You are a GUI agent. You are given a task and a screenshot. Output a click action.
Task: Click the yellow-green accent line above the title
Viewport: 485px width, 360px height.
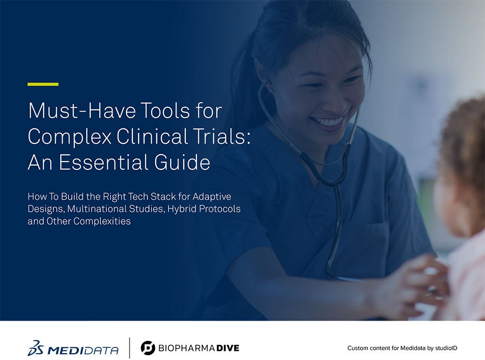pos(43,84)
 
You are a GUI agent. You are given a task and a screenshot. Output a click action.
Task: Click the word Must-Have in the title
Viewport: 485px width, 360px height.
pos(82,111)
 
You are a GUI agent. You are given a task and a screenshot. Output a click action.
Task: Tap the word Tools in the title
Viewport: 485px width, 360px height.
pos(165,111)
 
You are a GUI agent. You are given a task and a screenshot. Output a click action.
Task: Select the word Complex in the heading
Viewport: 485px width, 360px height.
pos(69,136)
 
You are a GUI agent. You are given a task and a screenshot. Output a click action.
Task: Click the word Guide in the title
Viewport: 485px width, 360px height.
pos(182,162)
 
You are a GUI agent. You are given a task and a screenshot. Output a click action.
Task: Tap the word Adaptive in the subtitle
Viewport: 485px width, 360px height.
pos(212,197)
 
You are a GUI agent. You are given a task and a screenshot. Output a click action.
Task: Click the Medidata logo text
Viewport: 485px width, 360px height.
pos(82,350)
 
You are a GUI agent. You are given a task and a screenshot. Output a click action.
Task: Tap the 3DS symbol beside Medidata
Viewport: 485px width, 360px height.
pos(35,348)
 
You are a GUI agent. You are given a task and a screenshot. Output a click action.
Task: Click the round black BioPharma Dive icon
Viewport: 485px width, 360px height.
pos(148,348)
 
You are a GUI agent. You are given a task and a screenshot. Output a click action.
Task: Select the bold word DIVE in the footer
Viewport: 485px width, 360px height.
pos(227,348)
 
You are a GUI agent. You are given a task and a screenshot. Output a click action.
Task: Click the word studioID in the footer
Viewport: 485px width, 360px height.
pos(446,348)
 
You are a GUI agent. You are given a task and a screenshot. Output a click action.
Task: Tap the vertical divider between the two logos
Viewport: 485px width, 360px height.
pos(129,348)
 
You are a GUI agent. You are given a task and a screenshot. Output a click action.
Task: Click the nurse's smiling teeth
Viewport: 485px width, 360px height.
pos(327,122)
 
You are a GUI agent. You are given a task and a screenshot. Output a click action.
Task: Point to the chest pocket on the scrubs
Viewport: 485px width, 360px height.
pos(368,245)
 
